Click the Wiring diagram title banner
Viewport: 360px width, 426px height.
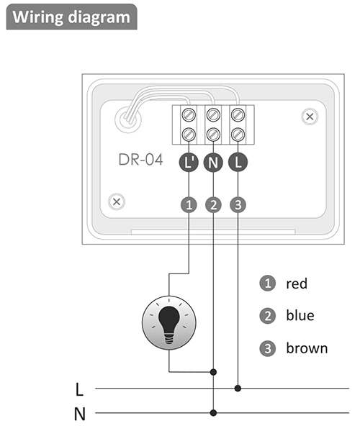pos(71,17)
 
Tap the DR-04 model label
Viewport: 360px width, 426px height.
pos(140,160)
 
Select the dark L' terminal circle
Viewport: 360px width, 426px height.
pos(189,162)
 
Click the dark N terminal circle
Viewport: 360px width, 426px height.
pos(213,162)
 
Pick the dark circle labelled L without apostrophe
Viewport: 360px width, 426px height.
pos(238,162)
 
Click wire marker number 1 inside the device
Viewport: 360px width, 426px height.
pos(189,205)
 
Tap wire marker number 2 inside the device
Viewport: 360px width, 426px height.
pos(213,205)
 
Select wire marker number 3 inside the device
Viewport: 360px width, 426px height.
pos(238,205)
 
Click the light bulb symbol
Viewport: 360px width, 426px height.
pos(169,323)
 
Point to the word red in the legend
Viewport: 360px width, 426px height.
pos(297,284)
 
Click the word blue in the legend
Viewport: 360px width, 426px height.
pos(300,315)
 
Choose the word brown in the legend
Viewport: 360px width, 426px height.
pos(307,348)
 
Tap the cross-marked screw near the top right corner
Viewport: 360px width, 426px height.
pos(310,117)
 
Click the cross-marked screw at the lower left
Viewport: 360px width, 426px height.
pos(117,202)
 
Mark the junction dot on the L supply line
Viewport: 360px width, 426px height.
pos(238,389)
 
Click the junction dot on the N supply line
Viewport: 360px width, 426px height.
pos(213,413)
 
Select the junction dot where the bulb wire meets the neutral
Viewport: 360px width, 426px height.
pos(213,372)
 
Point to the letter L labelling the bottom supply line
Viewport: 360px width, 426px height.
pos(79,389)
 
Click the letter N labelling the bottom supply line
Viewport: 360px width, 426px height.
pos(80,414)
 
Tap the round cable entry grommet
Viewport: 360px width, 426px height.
pos(128,119)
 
